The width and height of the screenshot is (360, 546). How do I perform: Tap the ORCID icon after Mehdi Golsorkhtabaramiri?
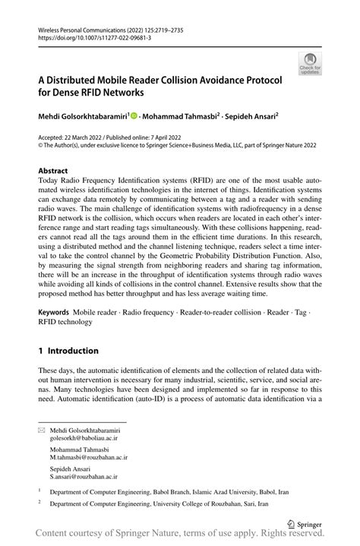click(134, 117)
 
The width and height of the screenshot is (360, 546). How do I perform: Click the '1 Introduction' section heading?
click(68, 351)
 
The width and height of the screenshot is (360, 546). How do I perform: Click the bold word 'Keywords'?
click(54, 312)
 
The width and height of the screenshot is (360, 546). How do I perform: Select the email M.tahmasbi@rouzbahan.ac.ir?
click(89, 458)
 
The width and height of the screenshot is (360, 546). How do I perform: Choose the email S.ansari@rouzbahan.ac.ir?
click(85, 477)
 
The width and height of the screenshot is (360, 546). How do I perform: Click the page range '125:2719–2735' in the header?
click(156, 30)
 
